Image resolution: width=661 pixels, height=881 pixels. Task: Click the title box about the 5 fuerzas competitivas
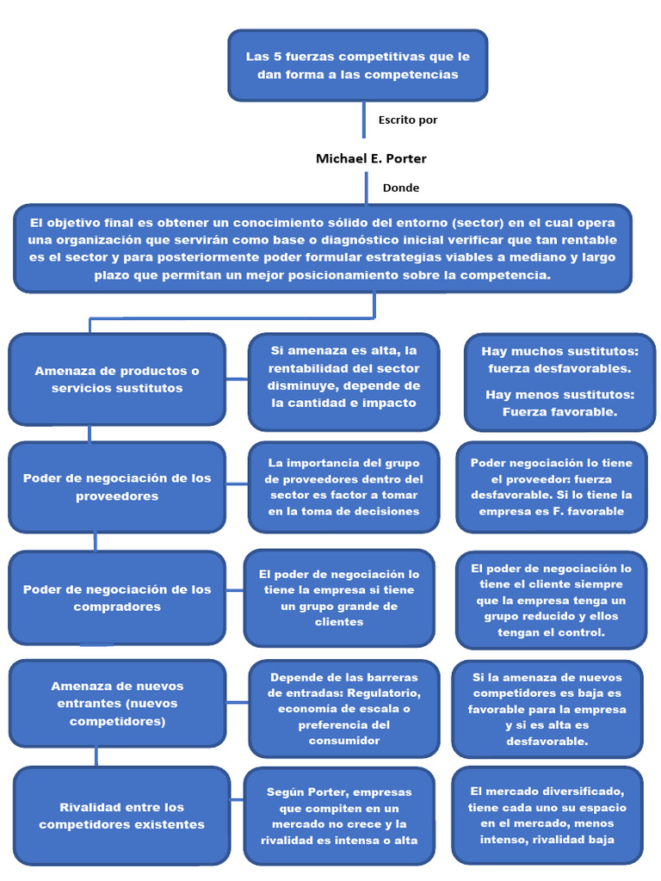(x=357, y=65)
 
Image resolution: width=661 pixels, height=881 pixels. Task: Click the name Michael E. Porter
(x=371, y=158)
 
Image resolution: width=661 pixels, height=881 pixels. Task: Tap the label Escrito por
(x=408, y=120)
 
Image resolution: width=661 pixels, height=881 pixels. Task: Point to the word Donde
(x=401, y=188)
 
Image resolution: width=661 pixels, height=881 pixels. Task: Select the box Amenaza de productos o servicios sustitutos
(x=117, y=379)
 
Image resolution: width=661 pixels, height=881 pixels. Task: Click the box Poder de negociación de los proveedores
(x=117, y=487)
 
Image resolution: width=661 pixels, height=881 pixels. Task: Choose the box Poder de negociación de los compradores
(x=117, y=598)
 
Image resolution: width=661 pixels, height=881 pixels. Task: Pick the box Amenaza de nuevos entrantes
(x=117, y=703)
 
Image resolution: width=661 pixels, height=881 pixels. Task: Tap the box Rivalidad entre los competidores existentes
(x=122, y=816)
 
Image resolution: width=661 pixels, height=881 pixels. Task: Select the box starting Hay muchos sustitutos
(x=559, y=381)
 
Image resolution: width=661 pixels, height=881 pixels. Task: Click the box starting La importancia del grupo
(x=343, y=487)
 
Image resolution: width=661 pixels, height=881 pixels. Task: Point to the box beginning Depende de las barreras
(x=343, y=708)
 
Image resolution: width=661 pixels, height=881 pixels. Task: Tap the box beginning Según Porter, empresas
(x=339, y=816)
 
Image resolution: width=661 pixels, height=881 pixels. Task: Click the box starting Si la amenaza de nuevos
(x=547, y=708)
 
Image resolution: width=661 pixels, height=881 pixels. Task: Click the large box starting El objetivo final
(x=323, y=248)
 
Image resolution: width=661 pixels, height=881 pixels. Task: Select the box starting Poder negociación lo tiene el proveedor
(x=551, y=487)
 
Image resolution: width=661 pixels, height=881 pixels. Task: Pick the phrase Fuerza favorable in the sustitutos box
(x=559, y=412)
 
